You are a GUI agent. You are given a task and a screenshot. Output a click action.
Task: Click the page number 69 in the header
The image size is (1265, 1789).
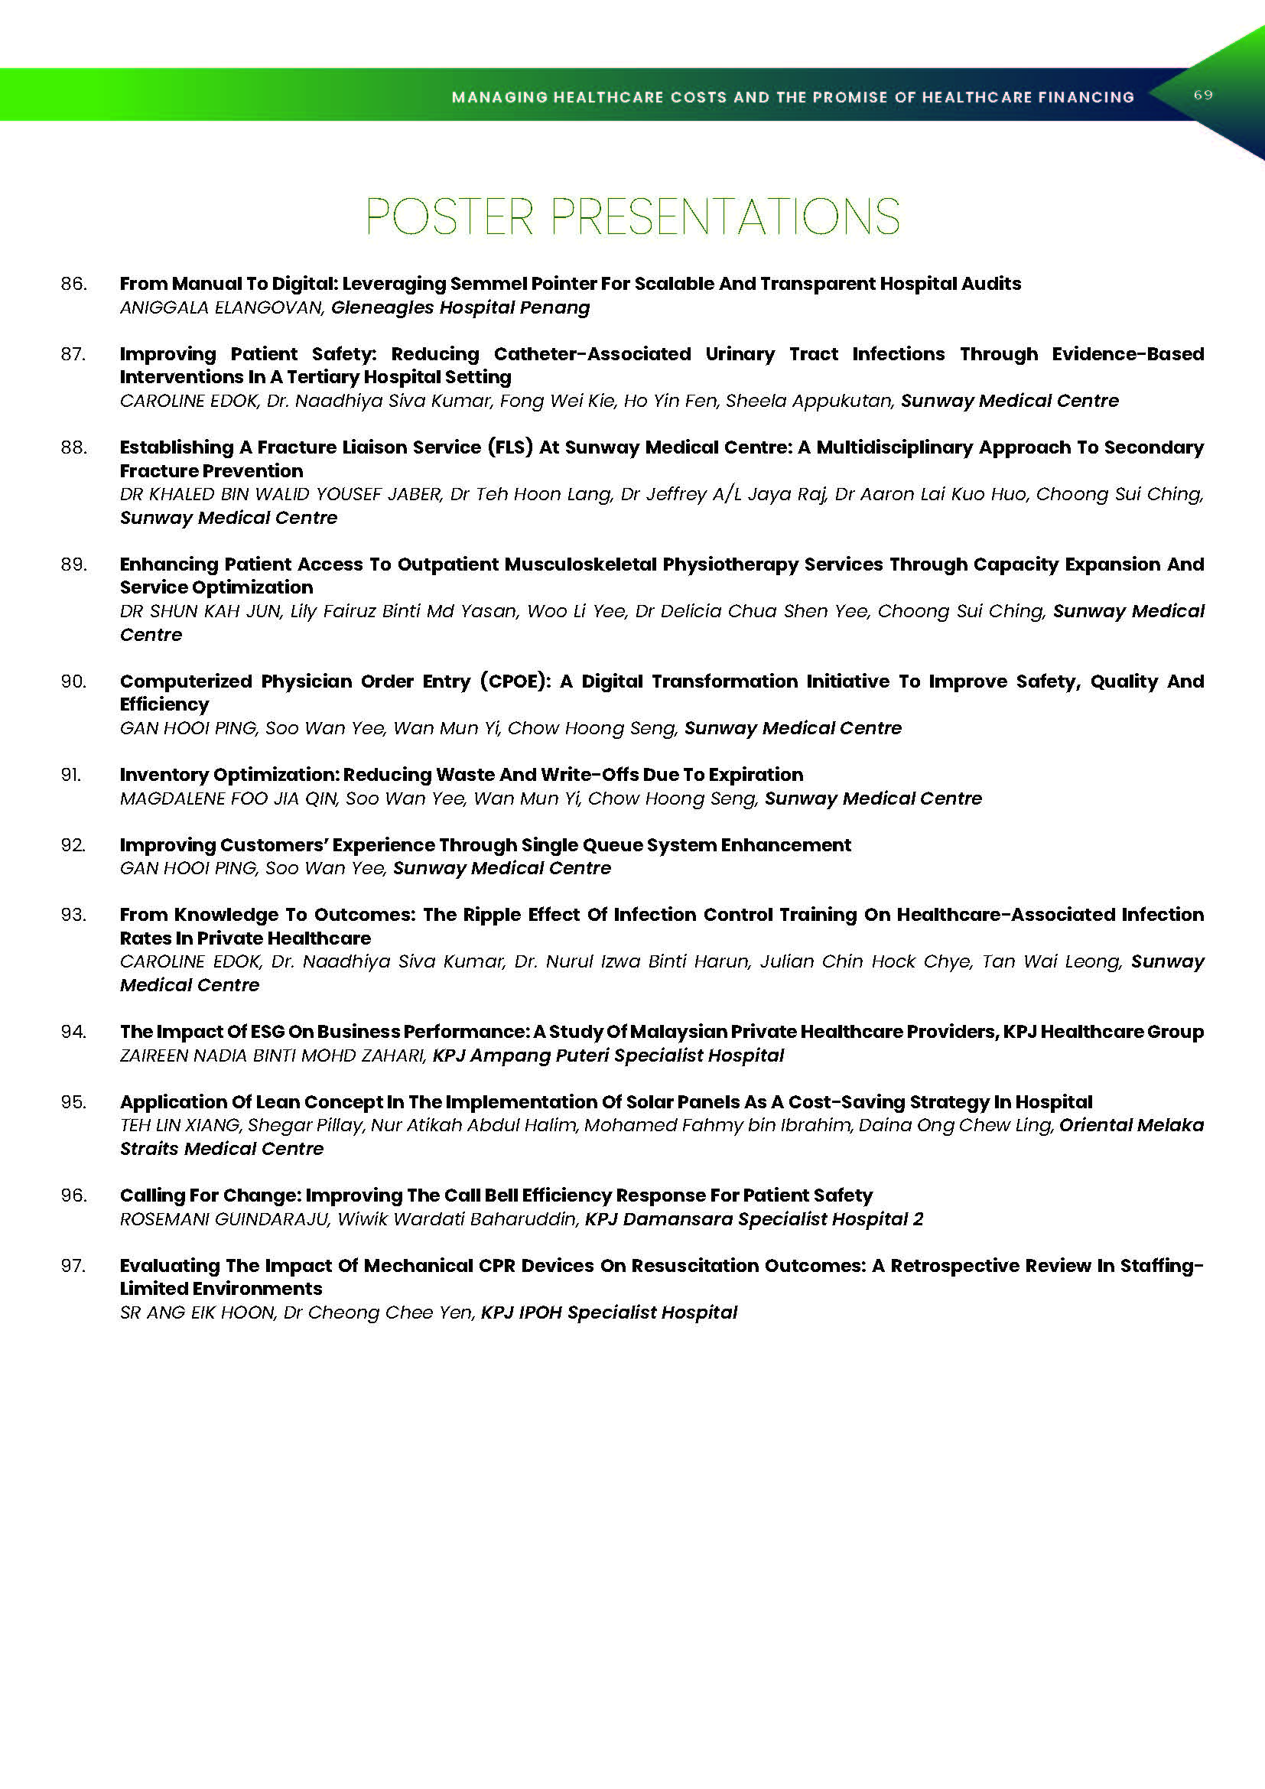coord(1203,95)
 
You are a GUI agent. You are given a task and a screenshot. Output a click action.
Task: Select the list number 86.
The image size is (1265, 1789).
coord(73,284)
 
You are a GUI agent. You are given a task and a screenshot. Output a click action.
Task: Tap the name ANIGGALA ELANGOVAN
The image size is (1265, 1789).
coord(221,307)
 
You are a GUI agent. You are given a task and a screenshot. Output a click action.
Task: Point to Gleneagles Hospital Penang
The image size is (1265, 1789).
coord(460,307)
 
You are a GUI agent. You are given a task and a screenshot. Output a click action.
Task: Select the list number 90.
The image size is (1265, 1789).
coord(73,681)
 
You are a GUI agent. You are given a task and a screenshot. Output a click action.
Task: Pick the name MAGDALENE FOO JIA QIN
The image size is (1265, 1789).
coord(228,799)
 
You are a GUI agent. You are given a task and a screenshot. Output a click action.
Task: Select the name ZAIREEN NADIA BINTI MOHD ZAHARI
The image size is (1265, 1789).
coord(272,1056)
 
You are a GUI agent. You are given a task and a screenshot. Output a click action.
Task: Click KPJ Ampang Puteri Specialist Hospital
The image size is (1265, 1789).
coord(608,1056)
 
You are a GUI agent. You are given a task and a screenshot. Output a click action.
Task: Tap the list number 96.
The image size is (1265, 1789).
coord(73,1195)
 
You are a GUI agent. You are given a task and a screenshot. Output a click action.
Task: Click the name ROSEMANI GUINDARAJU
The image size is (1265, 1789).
coord(224,1219)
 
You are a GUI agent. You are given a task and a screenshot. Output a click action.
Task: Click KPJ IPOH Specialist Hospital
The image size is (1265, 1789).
coord(609,1313)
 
